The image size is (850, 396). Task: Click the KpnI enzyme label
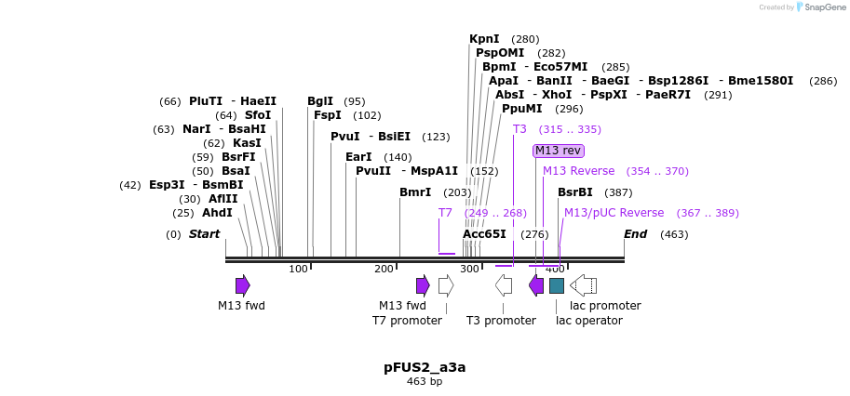tap(484, 39)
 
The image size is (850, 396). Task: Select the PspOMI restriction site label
tap(500, 53)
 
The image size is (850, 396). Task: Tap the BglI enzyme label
tap(319, 101)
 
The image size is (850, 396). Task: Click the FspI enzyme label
tap(327, 115)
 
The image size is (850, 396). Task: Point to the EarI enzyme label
tap(358, 157)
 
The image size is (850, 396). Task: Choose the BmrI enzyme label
tap(415, 192)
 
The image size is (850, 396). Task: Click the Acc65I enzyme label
tap(484, 234)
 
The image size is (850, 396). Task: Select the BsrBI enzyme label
tap(574, 192)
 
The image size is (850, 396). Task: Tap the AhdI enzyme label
tap(217, 213)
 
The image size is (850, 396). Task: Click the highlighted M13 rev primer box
tap(559, 151)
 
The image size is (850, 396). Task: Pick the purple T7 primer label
tap(445, 213)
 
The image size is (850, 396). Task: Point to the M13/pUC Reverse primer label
tap(614, 213)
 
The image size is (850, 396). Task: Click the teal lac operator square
tap(557, 285)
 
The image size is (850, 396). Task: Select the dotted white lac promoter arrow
tap(583, 285)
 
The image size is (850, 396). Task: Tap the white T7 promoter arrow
tap(446, 285)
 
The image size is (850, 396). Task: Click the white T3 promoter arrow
tap(504, 285)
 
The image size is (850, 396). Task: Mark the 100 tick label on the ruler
tap(298, 270)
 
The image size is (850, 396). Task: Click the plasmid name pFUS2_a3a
tap(425, 367)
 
